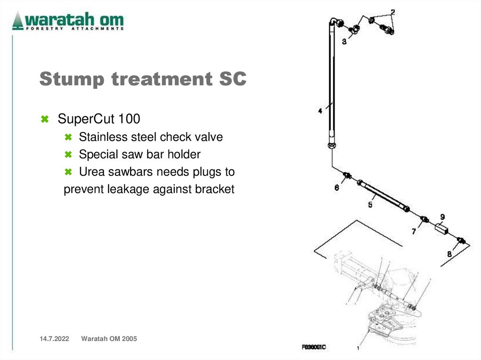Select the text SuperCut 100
[99, 119]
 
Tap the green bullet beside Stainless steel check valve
[68, 138]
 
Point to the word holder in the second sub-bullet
[184, 154]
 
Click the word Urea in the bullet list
[90, 172]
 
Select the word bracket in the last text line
[215, 189]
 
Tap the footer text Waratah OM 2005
[109, 339]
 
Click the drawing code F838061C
[314, 347]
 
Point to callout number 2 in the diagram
[392, 12]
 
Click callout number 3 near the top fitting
[344, 42]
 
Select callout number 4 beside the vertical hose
[320, 111]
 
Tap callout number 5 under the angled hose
[370, 205]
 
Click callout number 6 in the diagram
[337, 188]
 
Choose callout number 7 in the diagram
[414, 231]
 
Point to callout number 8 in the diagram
[449, 254]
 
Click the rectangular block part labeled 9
[440, 229]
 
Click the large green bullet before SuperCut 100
[45, 119]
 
